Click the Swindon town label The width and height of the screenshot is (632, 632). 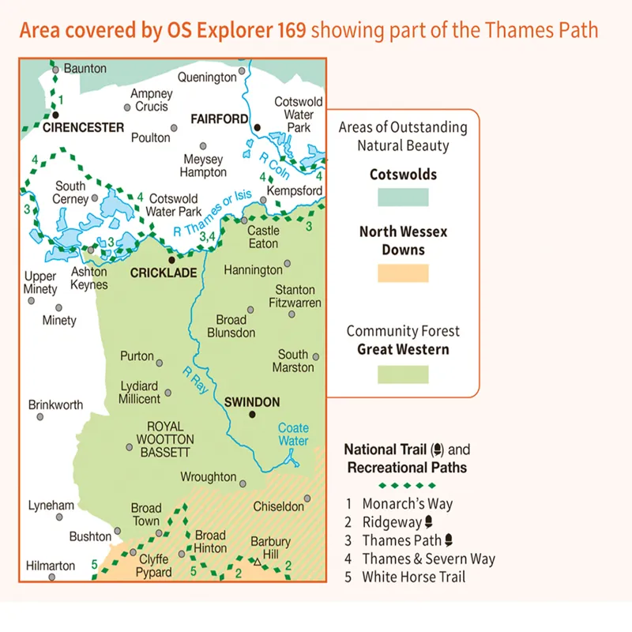pos(252,402)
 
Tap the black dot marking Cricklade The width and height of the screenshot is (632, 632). pos(171,259)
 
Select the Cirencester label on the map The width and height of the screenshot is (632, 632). pos(85,127)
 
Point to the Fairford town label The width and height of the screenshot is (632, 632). pos(220,118)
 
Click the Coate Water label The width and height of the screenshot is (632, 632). pos(293,434)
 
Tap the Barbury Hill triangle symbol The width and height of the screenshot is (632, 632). pos(258,562)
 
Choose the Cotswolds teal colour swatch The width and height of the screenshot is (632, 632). pos(399,196)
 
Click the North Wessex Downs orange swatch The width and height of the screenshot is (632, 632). pos(399,273)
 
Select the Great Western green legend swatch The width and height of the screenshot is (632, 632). pos(399,374)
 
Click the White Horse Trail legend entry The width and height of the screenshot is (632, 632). pos(413,577)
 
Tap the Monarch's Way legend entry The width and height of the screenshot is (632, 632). pos(407,503)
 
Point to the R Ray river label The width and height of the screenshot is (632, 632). pos(194,381)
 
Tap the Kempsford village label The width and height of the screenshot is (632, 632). pos(295,191)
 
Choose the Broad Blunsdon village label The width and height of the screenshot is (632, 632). pos(231,326)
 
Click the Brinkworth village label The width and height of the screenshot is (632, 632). pos(55,404)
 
